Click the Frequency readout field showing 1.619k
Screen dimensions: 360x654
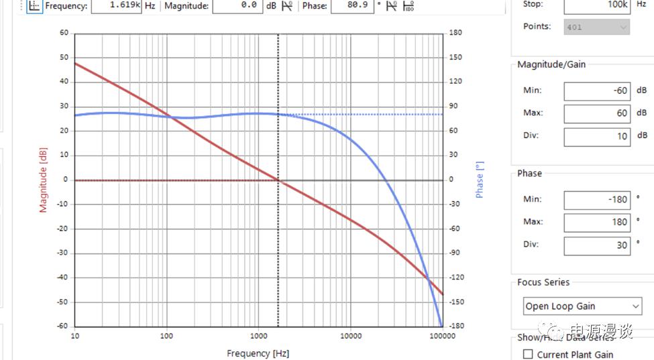coord(115,6)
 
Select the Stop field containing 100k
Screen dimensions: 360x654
coord(596,5)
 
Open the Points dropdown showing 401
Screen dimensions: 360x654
coord(596,27)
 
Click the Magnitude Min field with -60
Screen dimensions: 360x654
coord(596,91)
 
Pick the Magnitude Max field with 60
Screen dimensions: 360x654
coord(596,114)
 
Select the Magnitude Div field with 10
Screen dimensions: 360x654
coord(596,137)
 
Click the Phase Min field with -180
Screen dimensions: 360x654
coord(596,200)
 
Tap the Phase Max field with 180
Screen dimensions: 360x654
coord(596,223)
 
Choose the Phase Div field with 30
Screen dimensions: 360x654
coord(596,245)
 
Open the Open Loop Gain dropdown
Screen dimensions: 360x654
coord(582,306)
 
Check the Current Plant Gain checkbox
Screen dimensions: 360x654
coord(528,355)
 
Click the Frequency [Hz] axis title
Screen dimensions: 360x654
coord(258,353)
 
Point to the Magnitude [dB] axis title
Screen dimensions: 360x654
coord(44,180)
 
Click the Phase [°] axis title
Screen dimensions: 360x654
coord(480,180)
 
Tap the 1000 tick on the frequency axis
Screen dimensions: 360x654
coord(258,335)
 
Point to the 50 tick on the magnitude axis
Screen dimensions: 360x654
coord(64,58)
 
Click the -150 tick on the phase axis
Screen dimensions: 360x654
coord(456,302)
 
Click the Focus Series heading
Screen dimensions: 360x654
coord(543,283)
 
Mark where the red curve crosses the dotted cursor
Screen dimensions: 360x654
coord(278,180)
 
